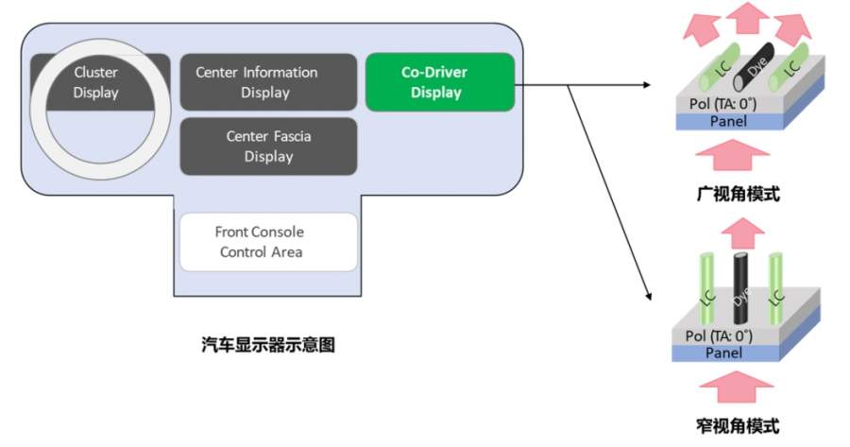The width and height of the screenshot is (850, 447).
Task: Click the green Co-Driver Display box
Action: (439, 82)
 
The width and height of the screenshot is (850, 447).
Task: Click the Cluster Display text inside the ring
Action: (95, 81)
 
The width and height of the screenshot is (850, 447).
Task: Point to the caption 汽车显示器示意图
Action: (268, 346)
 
